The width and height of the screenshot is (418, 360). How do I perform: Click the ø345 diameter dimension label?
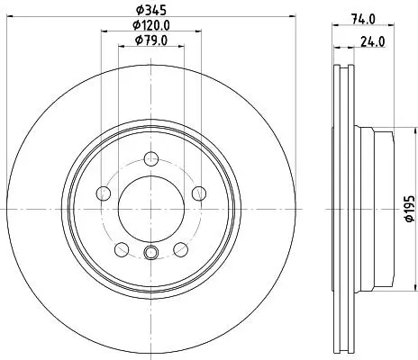coord(151,10)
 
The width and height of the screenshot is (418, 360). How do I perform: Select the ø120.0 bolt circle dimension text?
coord(151,25)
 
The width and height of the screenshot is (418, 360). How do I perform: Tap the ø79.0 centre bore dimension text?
coord(151,40)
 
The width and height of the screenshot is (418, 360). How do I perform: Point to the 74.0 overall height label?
coord(363,19)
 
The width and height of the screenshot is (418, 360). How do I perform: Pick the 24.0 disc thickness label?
coord(373,41)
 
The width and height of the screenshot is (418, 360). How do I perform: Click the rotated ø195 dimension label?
coord(410,209)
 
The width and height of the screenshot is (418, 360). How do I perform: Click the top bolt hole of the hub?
coord(151,158)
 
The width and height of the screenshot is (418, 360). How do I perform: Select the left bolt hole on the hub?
coord(103,193)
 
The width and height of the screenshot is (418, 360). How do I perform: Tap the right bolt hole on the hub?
coord(199,193)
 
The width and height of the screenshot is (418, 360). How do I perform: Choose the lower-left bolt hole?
coord(122,249)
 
